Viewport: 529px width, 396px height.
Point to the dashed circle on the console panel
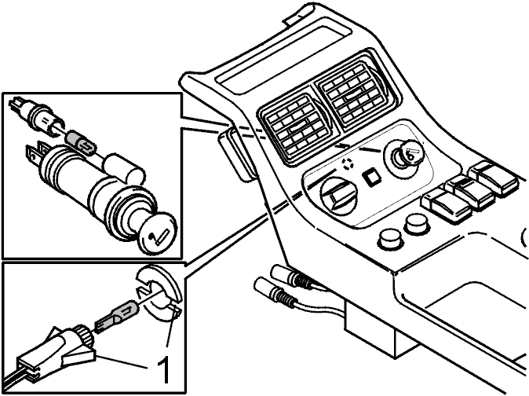pyautogui.click(x=346, y=164)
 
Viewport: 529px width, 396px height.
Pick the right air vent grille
pyautogui.click(x=356, y=91)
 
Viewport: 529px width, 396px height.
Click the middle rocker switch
pyautogui.click(x=469, y=190)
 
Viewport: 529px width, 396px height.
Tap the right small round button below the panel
pyautogui.click(x=417, y=225)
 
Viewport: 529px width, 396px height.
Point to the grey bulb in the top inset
pyautogui.click(x=82, y=142)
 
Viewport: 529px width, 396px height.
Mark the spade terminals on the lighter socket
pyautogui.click(x=36, y=152)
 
